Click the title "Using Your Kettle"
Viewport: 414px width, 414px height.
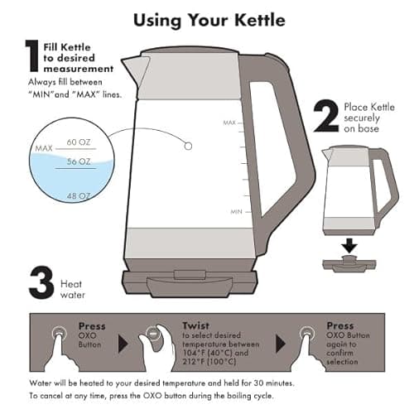click(x=207, y=18)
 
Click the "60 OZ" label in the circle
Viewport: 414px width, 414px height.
click(x=79, y=143)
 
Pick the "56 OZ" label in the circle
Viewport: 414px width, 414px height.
click(x=79, y=161)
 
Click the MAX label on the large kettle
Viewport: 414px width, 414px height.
click(x=229, y=123)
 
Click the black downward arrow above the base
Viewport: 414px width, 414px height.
click(x=349, y=245)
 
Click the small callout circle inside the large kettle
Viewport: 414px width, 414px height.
click(x=188, y=146)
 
